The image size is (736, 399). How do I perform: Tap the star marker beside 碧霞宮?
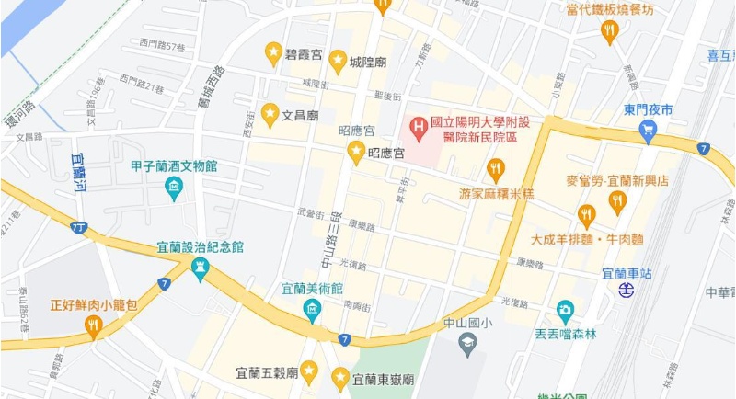click(x=273, y=53)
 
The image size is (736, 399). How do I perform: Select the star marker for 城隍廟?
click(x=338, y=61)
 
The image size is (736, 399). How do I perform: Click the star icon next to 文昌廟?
click(x=270, y=114)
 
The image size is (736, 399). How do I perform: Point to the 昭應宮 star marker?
click(x=356, y=152)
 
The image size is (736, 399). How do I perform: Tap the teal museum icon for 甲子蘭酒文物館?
click(x=173, y=188)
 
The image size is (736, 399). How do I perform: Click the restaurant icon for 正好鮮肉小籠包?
click(x=93, y=325)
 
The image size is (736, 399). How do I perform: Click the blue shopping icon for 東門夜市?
click(x=648, y=131)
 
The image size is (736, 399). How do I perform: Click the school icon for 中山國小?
click(x=467, y=345)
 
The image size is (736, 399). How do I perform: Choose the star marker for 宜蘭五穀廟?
click(x=309, y=371)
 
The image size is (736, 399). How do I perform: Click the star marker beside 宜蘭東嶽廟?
click(x=340, y=377)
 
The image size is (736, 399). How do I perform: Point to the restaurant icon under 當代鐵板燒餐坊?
click(x=608, y=32)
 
